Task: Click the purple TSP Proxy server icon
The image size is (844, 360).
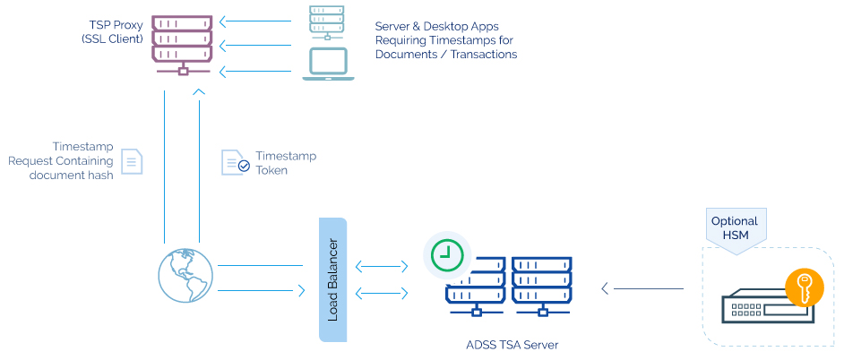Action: tap(183, 41)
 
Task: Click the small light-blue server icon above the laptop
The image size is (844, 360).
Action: tap(327, 22)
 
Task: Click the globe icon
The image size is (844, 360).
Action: tap(185, 275)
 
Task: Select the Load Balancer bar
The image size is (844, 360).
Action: tap(332, 279)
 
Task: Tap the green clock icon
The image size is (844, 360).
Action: tap(446, 254)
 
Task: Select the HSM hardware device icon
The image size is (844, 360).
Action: tap(767, 308)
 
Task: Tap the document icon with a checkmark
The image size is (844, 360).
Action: tap(235, 162)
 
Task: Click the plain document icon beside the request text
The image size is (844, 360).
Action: tap(132, 161)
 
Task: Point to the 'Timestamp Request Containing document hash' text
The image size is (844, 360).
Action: tap(61, 161)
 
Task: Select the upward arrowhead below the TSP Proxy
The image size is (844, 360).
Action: tap(199, 90)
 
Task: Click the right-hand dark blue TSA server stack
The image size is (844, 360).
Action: tap(541, 284)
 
